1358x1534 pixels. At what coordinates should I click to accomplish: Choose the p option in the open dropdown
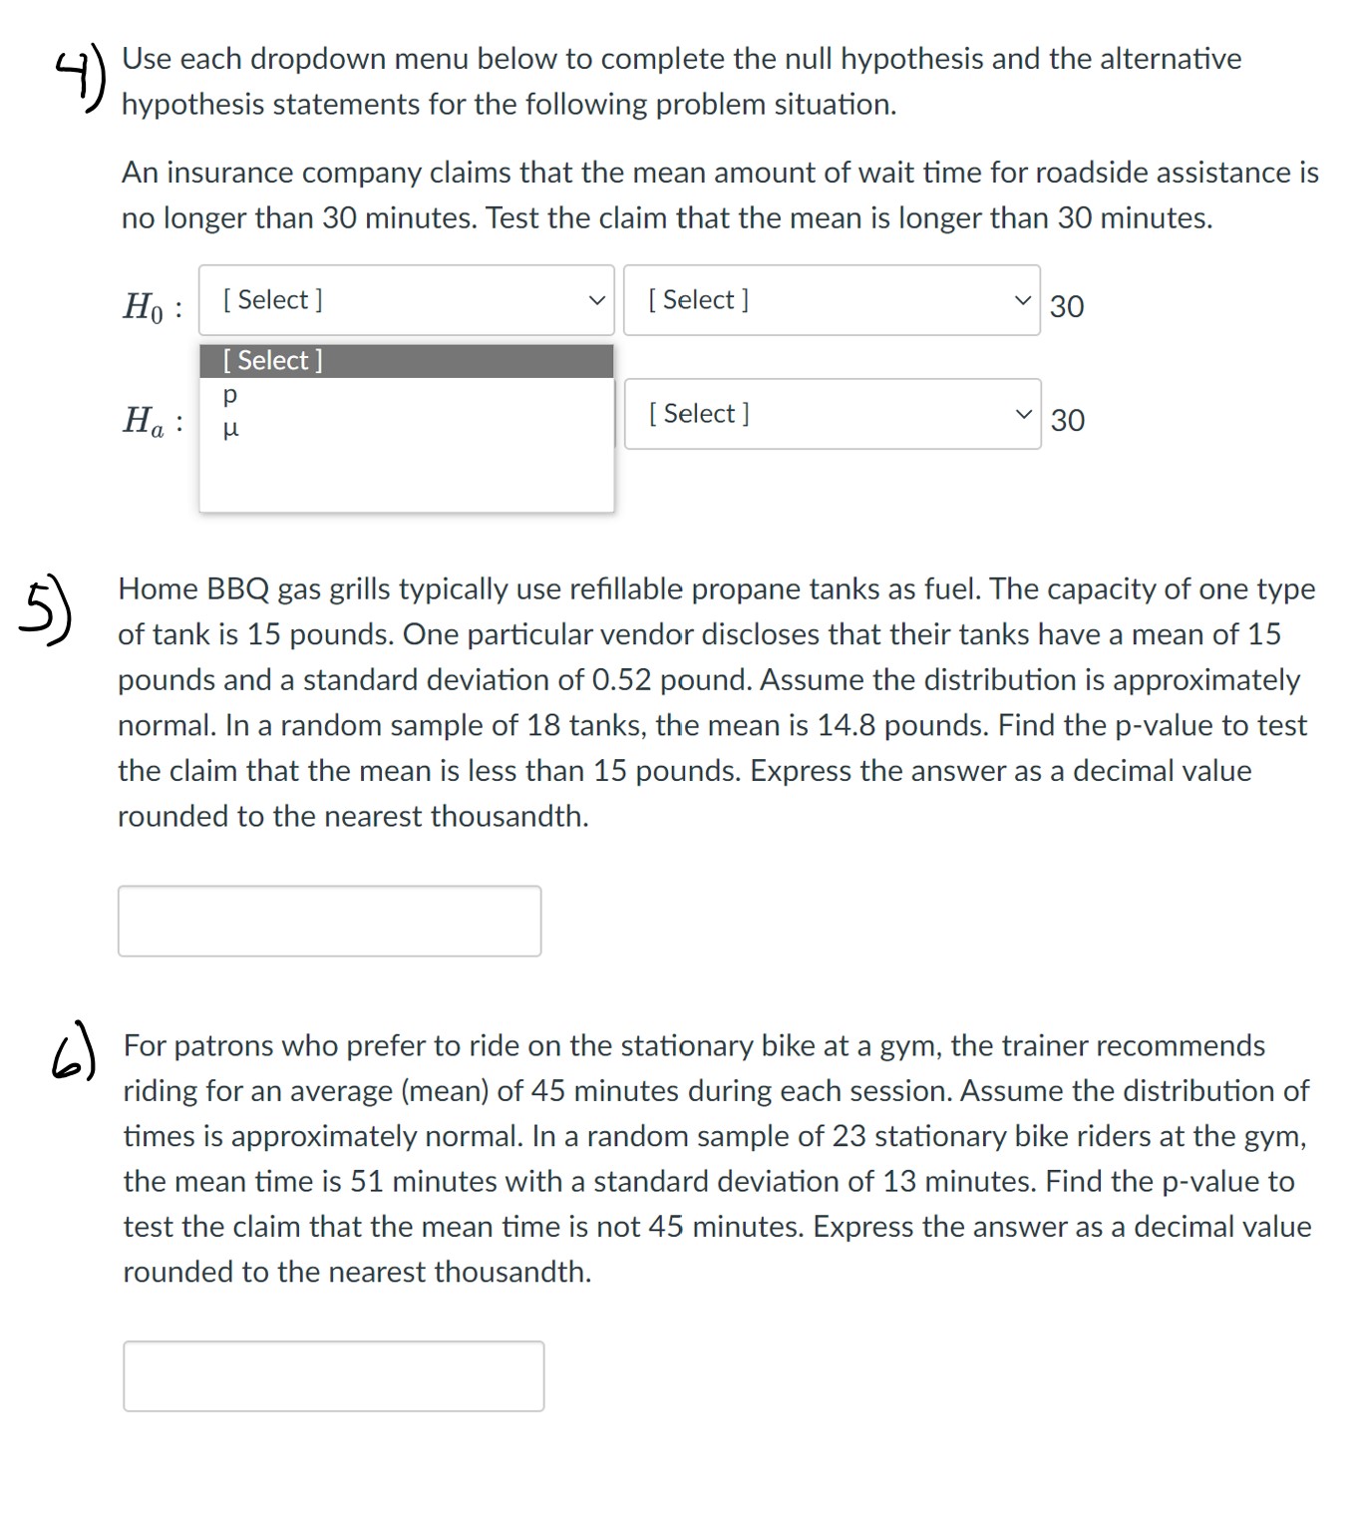click(x=230, y=395)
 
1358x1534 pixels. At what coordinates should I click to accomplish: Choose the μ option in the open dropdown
click(x=230, y=430)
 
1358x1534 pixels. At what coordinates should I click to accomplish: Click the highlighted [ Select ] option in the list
click(x=405, y=361)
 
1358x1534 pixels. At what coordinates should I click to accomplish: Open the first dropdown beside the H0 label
click(x=406, y=300)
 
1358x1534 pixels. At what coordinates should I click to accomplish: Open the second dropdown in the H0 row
click(x=831, y=300)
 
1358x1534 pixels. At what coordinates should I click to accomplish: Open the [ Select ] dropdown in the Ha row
click(x=832, y=414)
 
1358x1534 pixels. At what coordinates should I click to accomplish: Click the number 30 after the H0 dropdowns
click(x=1067, y=306)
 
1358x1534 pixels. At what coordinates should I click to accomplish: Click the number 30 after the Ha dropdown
click(x=1068, y=420)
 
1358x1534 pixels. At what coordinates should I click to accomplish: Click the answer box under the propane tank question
click(x=329, y=921)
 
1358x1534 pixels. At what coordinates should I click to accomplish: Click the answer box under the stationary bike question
click(x=333, y=1376)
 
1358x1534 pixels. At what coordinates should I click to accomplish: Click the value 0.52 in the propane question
click(x=622, y=680)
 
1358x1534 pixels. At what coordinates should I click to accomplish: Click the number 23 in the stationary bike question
click(x=849, y=1137)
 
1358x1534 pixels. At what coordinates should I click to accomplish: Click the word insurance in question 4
click(x=233, y=173)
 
